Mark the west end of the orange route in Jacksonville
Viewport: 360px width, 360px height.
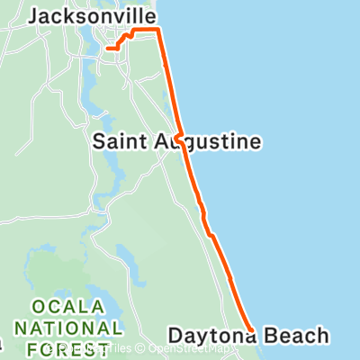point(107,48)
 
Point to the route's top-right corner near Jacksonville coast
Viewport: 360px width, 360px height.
point(159,30)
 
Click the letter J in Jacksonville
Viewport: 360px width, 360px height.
point(32,15)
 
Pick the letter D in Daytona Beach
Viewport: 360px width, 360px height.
point(174,337)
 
